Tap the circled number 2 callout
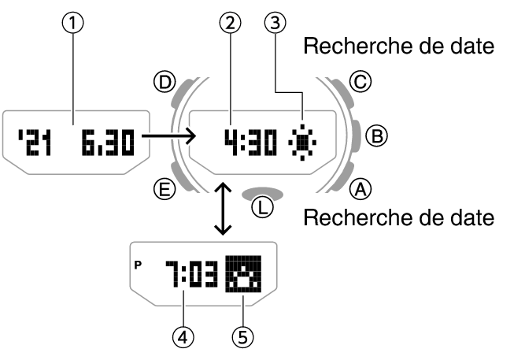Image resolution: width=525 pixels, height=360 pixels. point(229,24)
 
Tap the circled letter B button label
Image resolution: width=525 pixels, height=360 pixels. point(379,136)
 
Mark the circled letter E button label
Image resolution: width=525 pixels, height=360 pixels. point(165,188)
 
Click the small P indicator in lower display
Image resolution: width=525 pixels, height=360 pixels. point(139,265)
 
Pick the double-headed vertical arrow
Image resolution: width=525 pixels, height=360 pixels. point(224,208)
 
